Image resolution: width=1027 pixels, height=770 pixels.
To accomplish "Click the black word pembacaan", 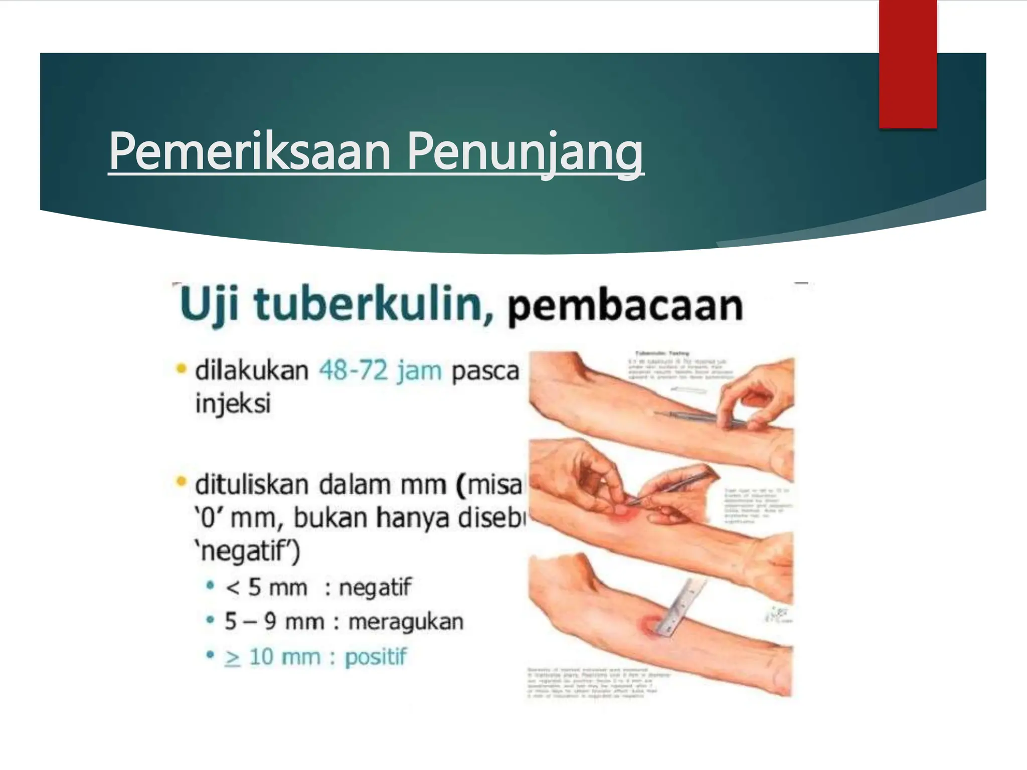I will tap(625, 306).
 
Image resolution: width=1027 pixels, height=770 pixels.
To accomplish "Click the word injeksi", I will tap(233, 404).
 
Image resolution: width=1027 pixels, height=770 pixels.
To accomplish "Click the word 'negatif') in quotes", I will tap(247, 551).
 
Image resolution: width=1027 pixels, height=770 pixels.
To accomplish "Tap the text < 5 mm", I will tap(266, 588).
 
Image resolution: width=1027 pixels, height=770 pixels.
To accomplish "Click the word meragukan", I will tap(406, 622).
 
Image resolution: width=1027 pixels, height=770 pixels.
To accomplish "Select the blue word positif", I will tap(376, 657).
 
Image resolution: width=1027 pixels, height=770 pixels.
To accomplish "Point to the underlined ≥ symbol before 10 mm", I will tap(233, 658).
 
